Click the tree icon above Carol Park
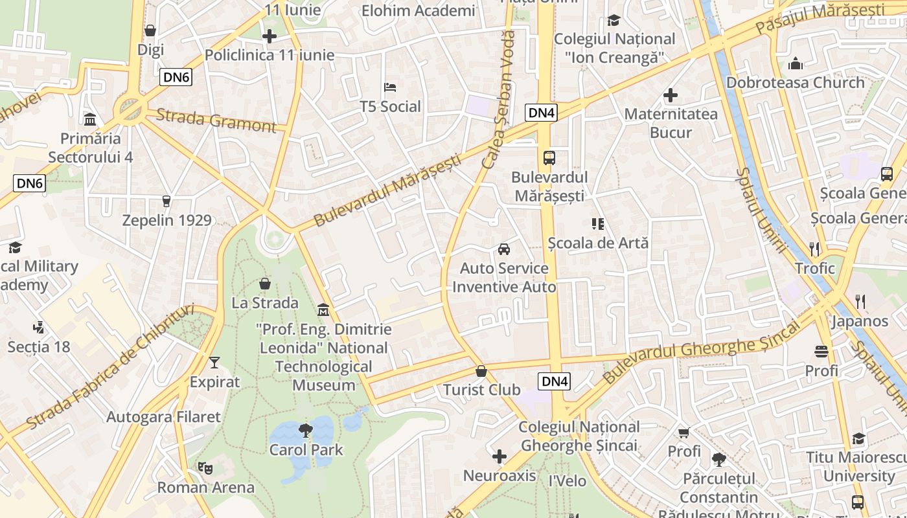[305, 430]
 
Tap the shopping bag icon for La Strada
[264, 284]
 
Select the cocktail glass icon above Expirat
[214, 363]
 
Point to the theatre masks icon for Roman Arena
[205, 467]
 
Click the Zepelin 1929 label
[167, 220]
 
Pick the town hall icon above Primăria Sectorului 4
[90, 120]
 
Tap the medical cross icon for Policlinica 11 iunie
[270, 36]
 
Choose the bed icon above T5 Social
[390, 87]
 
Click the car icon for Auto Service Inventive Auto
[503, 249]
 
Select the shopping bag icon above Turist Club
[481, 371]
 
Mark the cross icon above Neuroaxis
[499, 457]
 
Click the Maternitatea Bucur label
[671, 123]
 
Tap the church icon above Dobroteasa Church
[795, 63]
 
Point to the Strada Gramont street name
[216, 120]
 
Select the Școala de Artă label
[598, 243]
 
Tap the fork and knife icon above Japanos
[860, 301]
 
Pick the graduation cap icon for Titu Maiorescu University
[858, 438]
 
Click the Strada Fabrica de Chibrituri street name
[111, 366]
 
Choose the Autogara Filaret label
[163, 416]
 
